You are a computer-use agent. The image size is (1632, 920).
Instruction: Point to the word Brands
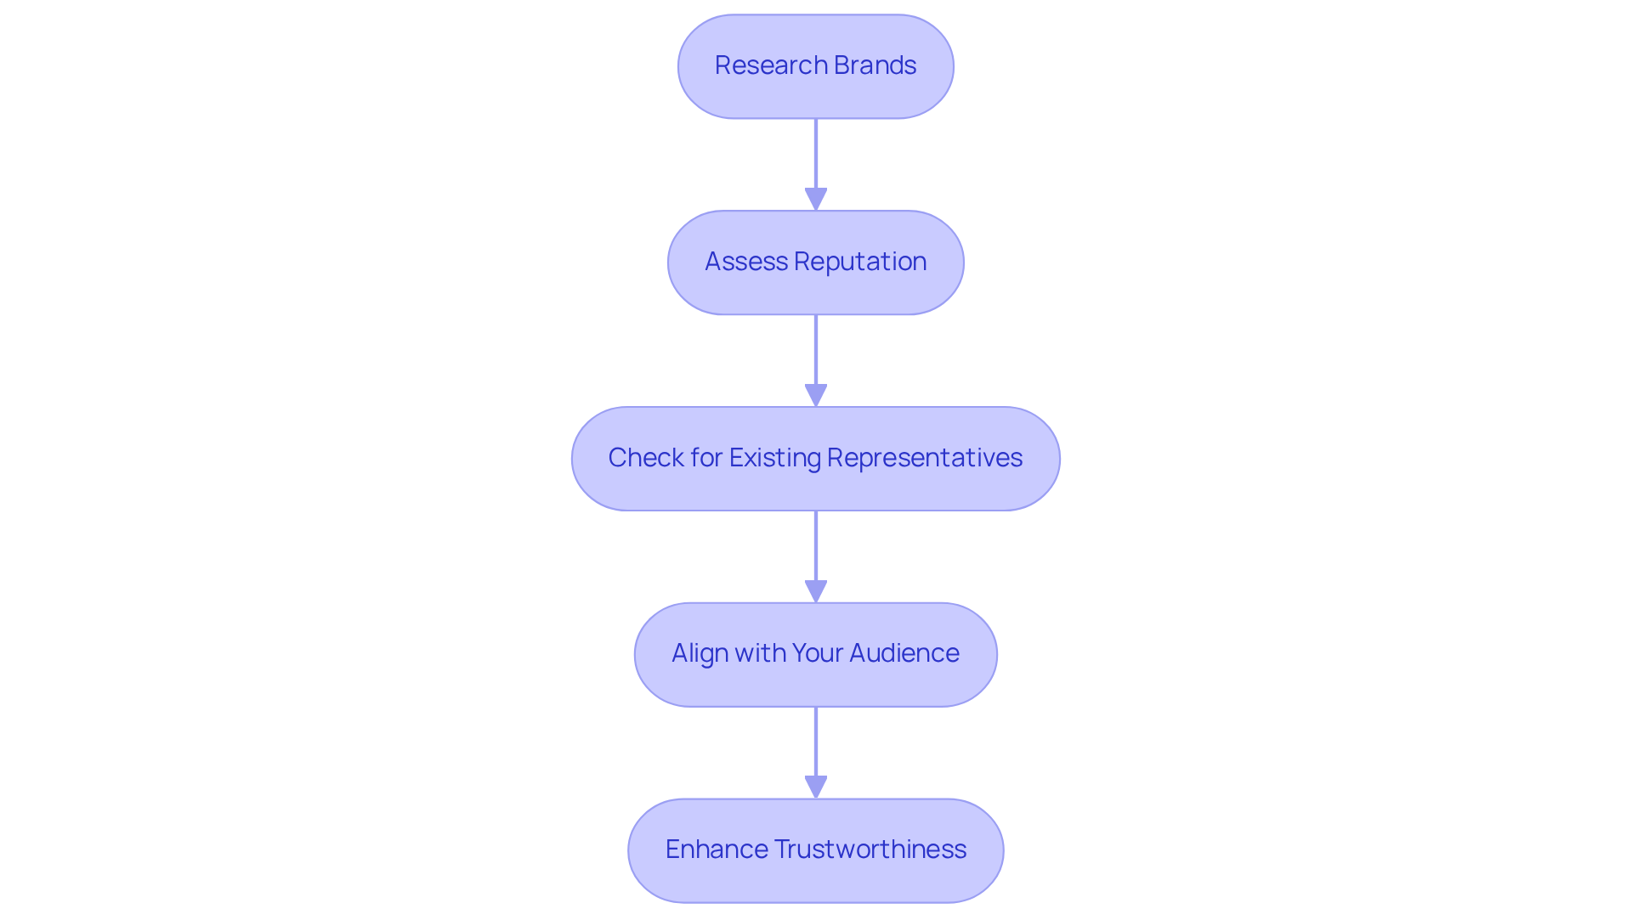(x=875, y=65)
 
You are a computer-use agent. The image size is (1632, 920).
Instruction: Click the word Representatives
(x=924, y=458)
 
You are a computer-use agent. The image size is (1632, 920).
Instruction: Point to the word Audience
(x=904, y=653)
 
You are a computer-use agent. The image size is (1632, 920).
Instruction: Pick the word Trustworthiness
(x=870, y=849)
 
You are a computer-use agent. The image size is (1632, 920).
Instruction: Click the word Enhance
(x=716, y=849)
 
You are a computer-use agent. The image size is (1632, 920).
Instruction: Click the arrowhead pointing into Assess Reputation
(x=815, y=200)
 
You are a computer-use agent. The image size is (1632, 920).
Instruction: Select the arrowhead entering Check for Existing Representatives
(x=815, y=396)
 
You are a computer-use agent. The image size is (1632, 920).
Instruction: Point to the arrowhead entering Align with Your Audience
(x=815, y=591)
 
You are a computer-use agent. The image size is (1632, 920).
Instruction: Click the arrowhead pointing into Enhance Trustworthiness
(x=815, y=787)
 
